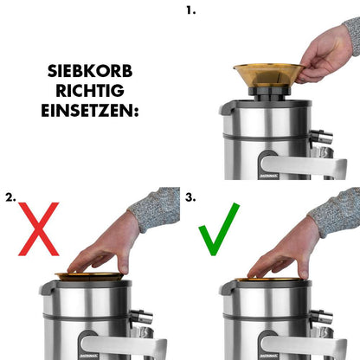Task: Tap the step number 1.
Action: (x=190, y=10)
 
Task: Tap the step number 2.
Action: (x=10, y=197)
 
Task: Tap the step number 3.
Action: (x=190, y=197)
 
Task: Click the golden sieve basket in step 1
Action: (x=268, y=73)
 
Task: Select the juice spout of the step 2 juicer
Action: (x=140, y=318)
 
